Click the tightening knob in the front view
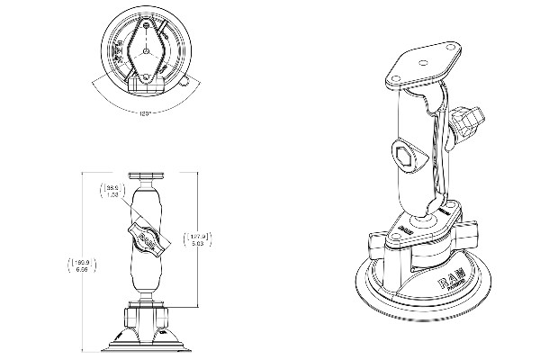pos(146,239)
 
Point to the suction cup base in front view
pos(145,340)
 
